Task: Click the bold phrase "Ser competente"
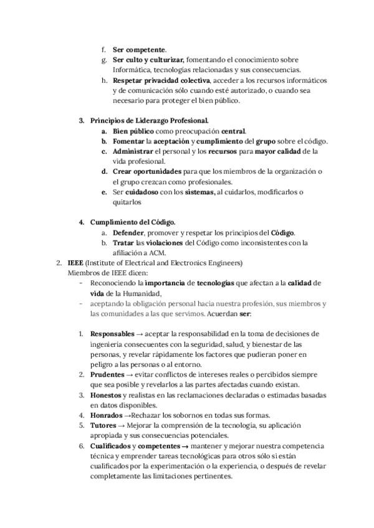[x=138, y=49]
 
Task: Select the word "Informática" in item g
[x=132, y=70]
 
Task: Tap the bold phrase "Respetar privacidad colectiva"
[x=162, y=80]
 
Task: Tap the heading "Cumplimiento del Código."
[x=133, y=222]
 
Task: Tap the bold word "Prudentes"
[x=107, y=374]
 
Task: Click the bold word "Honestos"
[x=105, y=395]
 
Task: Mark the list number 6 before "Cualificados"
[x=81, y=446]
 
